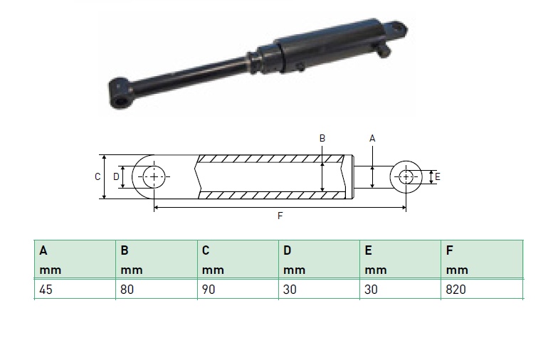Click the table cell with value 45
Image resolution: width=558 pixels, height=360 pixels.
[x=75, y=290]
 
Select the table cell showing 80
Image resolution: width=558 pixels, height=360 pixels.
[x=157, y=290]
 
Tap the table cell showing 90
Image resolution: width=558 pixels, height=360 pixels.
[x=238, y=290]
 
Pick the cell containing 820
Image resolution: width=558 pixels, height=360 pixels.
[x=482, y=290]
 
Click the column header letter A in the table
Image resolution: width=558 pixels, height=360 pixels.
[x=43, y=250]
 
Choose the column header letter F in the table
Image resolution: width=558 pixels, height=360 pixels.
[x=450, y=250]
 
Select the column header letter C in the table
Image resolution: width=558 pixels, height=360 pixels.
[x=206, y=250]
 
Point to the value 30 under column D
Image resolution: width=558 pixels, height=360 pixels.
[x=290, y=290]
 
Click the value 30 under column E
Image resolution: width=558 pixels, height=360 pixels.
[x=371, y=290]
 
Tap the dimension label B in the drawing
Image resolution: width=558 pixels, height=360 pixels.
[x=322, y=138]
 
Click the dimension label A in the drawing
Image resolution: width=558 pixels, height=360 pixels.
[x=372, y=138]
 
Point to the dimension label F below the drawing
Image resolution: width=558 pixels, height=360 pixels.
[x=280, y=216]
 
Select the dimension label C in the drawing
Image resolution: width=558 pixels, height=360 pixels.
[x=98, y=176]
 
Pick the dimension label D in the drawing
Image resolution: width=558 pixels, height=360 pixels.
[x=116, y=176]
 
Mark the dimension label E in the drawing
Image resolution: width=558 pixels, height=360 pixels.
[x=437, y=176]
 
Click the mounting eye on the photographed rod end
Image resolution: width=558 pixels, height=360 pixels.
[x=120, y=94]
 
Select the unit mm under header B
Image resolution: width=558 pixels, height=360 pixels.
[x=132, y=270]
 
